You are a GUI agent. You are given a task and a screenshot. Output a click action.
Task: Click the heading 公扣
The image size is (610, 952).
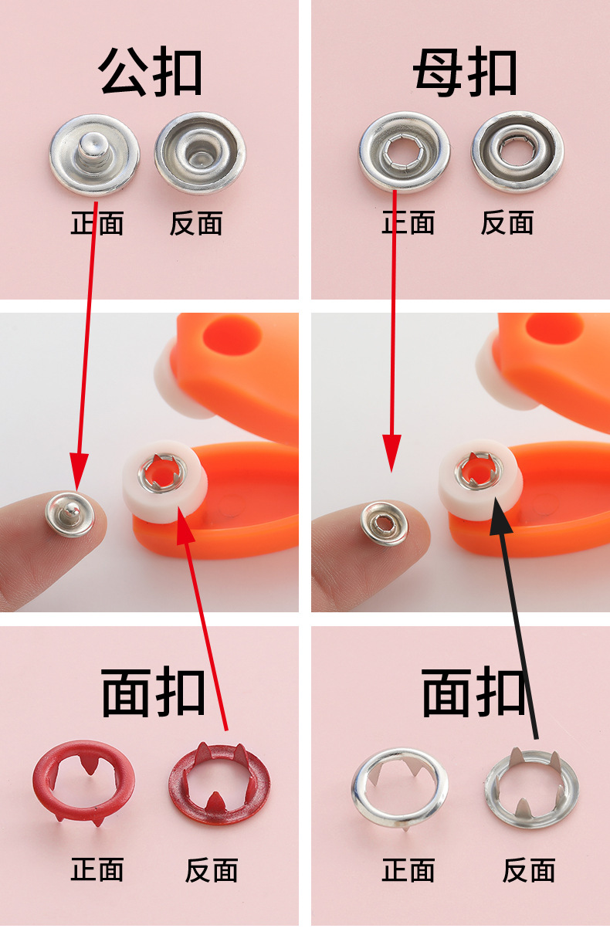tap(151, 73)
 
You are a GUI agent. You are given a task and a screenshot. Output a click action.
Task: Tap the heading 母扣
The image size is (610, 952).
tap(464, 73)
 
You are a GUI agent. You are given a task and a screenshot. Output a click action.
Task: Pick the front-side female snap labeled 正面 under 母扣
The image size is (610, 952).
tap(405, 152)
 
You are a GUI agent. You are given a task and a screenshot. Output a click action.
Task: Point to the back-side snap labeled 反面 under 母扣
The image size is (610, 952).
tap(517, 152)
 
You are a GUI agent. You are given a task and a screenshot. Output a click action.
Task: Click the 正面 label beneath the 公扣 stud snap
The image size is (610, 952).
tap(97, 224)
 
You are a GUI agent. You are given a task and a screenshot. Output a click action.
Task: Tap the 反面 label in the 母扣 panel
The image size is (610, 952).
tap(507, 223)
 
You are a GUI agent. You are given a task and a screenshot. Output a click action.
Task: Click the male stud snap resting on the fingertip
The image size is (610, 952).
tap(69, 513)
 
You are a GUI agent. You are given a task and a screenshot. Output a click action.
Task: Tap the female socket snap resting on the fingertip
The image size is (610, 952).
tap(384, 524)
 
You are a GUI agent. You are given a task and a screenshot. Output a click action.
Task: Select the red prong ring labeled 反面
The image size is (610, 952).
tap(219, 784)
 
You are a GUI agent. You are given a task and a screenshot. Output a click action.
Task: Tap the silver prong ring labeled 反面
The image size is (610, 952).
tap(532, 788)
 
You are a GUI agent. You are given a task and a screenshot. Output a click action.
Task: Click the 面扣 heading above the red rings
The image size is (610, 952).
tap(154, 693)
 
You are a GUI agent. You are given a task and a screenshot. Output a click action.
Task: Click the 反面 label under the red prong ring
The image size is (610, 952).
tap(212, 870)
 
